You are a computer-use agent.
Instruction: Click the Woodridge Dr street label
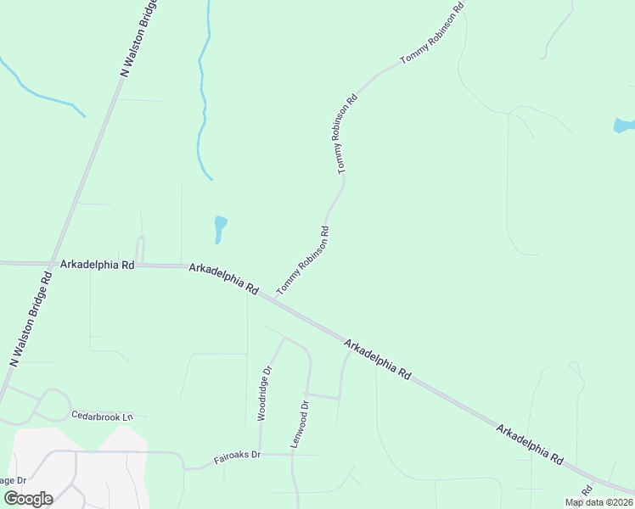tap(265, 393)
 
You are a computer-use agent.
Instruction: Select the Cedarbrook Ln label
tap(104, 417)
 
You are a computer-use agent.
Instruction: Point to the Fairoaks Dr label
tap(237, 456)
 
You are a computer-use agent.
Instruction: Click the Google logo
tap(28, 498)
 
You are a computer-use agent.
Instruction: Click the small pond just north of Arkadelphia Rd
tap(220, 228)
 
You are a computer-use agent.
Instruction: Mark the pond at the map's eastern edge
tap(624, 126)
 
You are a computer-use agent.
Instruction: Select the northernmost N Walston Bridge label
tap(138, 39)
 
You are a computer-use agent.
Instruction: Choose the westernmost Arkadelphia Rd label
tap(98, 265)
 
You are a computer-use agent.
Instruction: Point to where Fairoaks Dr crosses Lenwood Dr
tap(292, 454)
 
